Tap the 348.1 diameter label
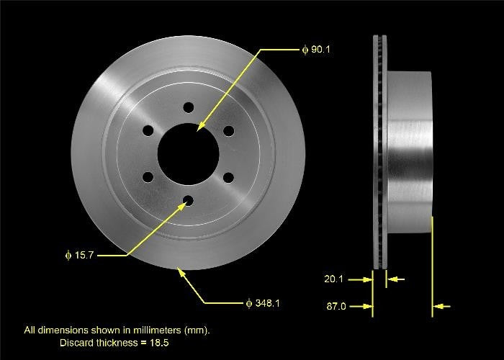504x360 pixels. [x=266, y=303]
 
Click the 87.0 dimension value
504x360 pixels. [x=337, y=307]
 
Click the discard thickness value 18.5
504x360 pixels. [x=159, y=342]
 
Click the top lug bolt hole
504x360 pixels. [x=189, y=107]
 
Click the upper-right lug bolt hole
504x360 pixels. [x=229, y=130]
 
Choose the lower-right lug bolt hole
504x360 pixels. [x=229, y=177]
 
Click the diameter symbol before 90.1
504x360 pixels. [x=305, y=50]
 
